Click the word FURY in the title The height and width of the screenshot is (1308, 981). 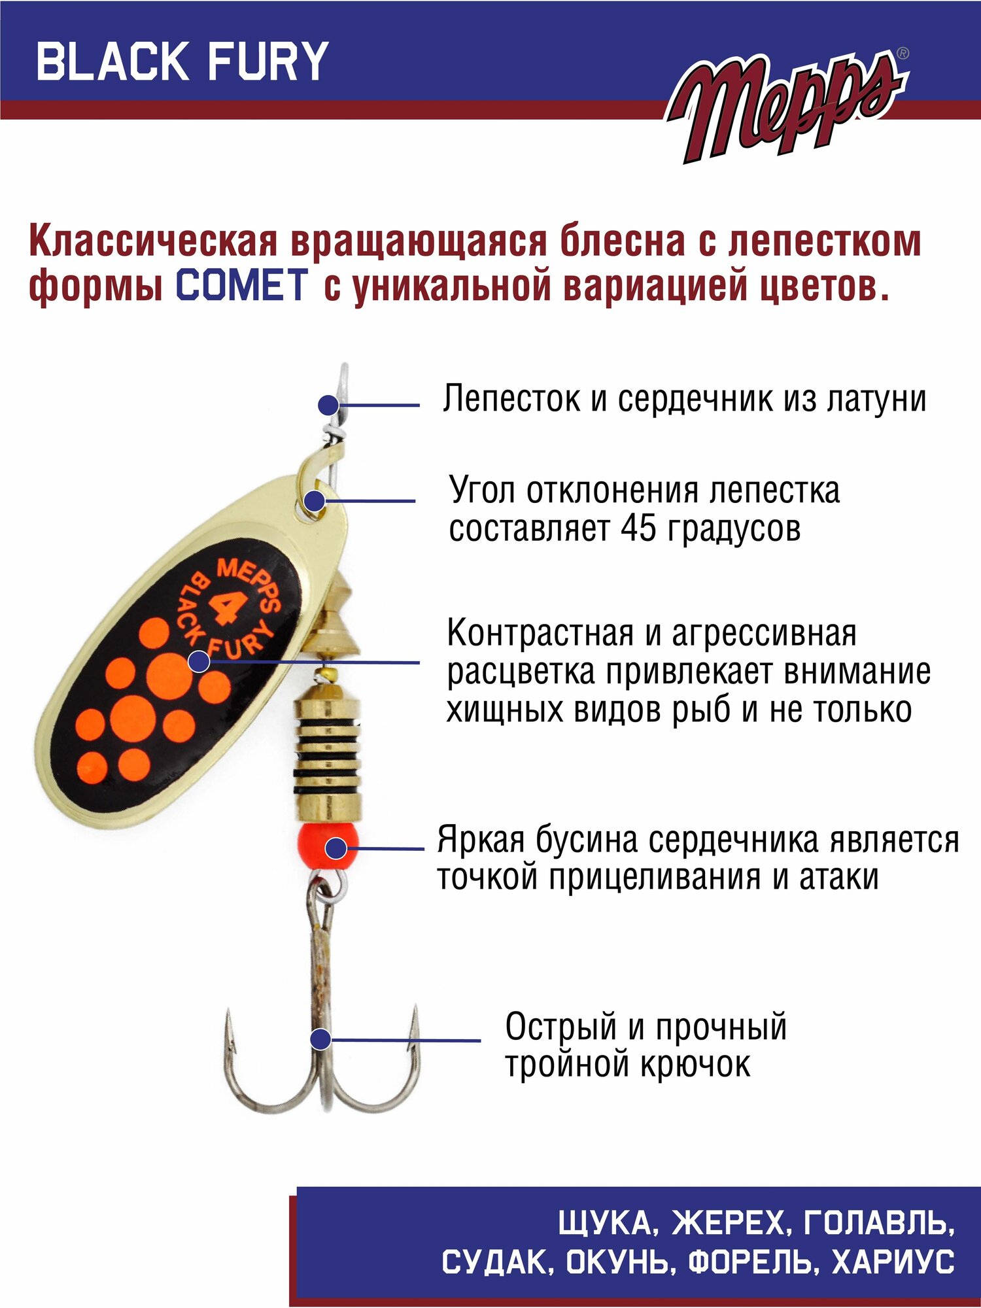tap(268, 61)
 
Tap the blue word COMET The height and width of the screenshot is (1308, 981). tap(242, 285)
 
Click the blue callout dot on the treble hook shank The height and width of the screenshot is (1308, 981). tap(320, 1039)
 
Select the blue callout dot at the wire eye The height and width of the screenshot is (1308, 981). tap(328, 405)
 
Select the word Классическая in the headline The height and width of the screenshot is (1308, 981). tap(154, 242)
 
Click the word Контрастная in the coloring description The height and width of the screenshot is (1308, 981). tap(540, 633)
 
